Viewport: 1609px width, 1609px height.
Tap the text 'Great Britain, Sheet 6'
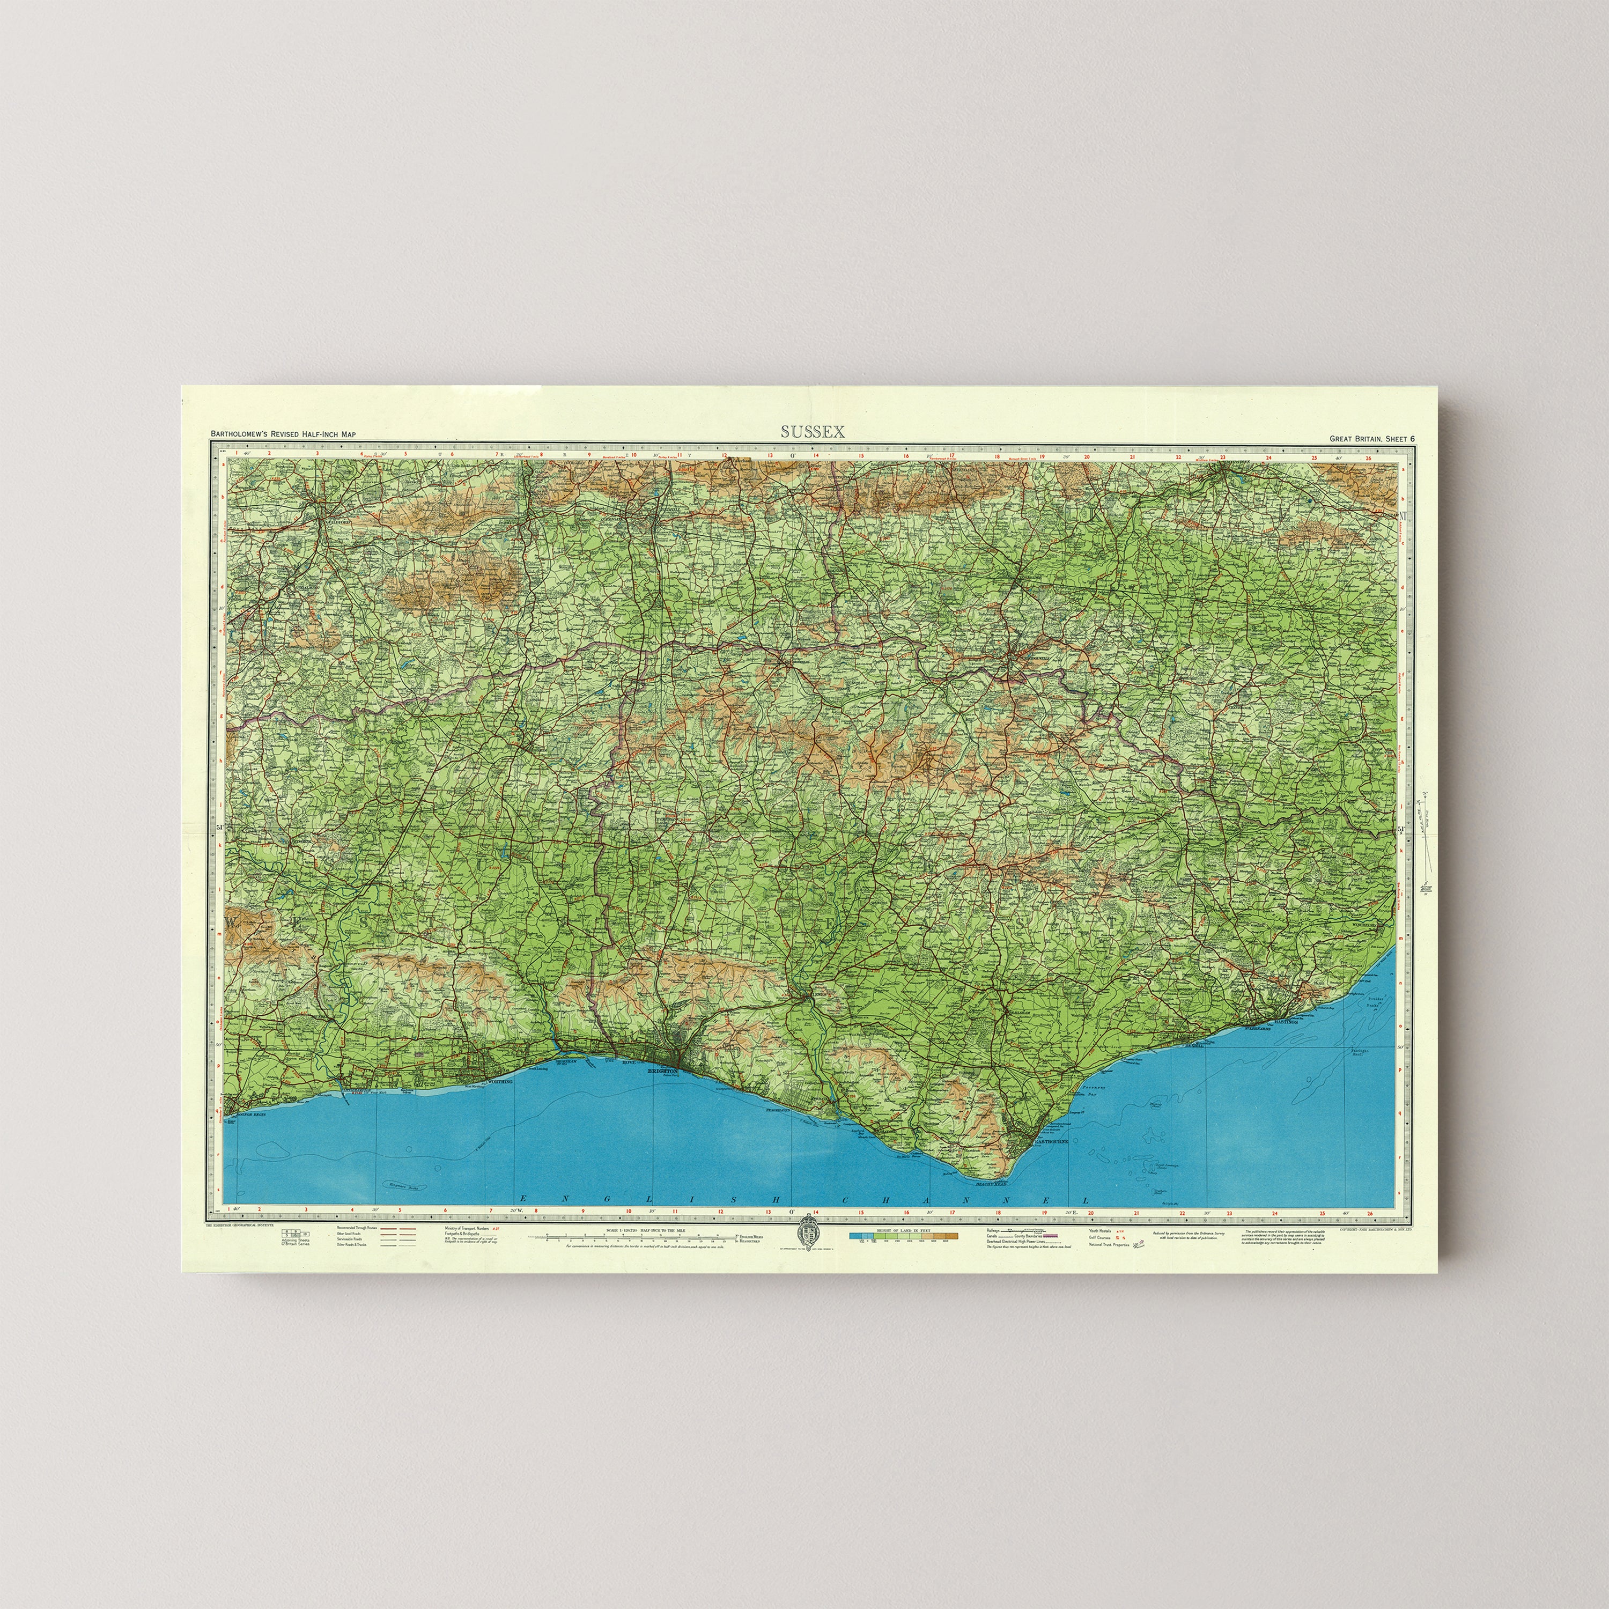coord(1371,439)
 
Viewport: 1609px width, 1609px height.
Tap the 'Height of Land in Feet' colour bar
coord(904,1237)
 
